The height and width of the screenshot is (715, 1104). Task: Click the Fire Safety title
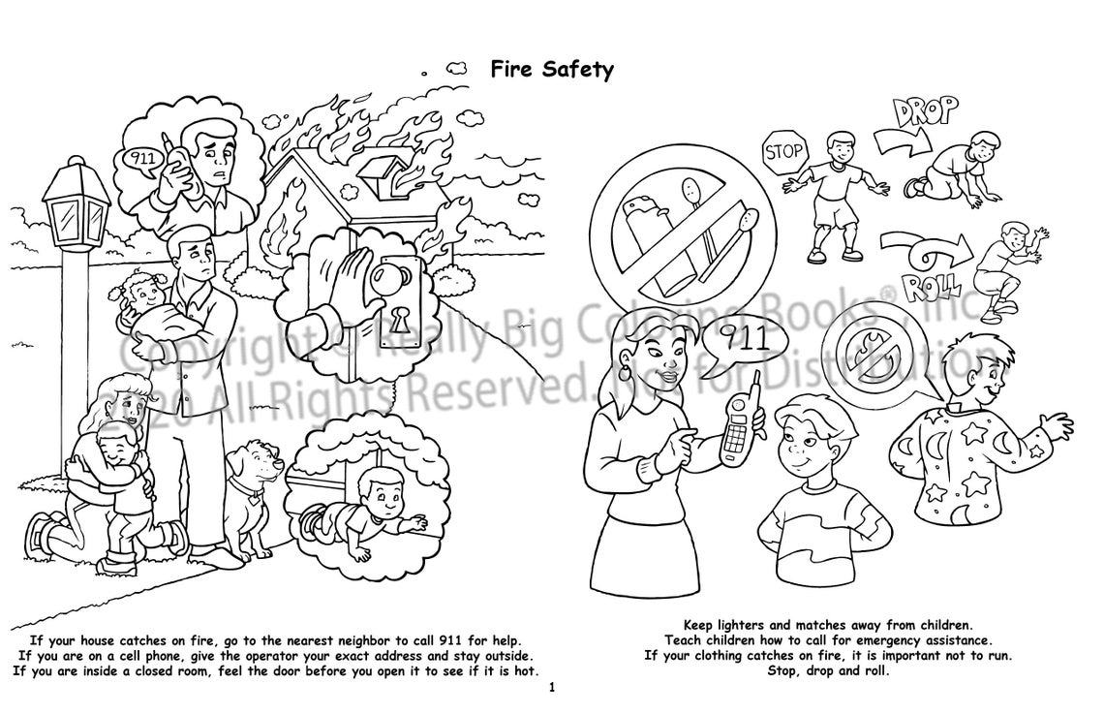[552, 70]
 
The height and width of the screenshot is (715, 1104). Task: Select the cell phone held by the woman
[739, 427]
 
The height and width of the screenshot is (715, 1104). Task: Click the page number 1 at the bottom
[551, 689]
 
